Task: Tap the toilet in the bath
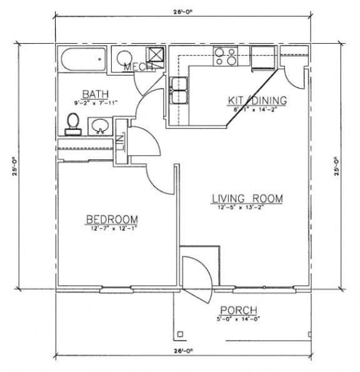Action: [x=73, y=123]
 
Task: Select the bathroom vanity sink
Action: [x=99, y=129]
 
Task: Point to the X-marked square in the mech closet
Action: [x=154, y=55]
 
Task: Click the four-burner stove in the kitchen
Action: [x=225, y=57]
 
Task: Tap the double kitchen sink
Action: [x=179, y=90]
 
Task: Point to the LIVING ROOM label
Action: [x=246, y=198]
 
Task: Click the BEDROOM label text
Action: [x=112, y=219]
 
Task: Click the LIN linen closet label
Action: [x=121, y=143]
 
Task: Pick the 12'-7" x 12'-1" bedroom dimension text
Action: [x=112, y=228]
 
